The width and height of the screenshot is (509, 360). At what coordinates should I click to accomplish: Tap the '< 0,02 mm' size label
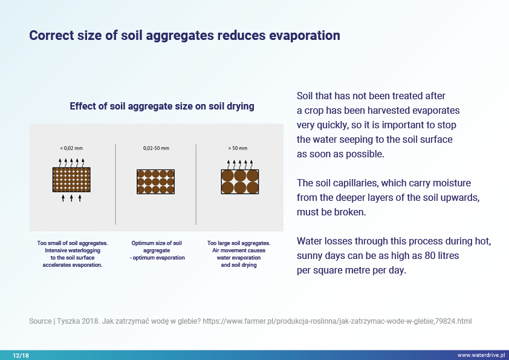(71, 148)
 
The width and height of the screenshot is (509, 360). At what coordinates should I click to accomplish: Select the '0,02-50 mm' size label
(156, 148)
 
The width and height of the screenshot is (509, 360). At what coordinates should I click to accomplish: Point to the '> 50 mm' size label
(238, 148)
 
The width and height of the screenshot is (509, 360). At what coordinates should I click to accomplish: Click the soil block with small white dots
(71, 180)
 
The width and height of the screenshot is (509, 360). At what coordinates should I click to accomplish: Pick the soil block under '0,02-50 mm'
(155, 182)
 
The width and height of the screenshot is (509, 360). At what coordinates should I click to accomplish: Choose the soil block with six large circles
(240, 182)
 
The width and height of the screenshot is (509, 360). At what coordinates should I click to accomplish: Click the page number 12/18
(21, 355)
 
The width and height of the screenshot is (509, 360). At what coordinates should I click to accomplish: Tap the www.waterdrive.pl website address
(481, 355)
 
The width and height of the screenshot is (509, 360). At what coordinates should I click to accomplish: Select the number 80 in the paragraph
(430, 256)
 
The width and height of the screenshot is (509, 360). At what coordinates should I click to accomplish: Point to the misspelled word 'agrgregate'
(157, 250)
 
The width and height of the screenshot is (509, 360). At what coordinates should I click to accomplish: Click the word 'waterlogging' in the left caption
(84, 250)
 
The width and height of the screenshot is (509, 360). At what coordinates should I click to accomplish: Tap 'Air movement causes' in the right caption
(239, 250)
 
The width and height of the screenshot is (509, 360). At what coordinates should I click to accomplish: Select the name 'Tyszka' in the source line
(68, 321)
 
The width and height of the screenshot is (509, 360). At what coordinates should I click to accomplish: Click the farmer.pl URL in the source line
(337, 321)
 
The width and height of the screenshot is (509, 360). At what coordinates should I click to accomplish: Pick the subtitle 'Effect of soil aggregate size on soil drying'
(162, 106)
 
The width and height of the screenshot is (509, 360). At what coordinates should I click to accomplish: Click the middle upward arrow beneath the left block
(71, 198)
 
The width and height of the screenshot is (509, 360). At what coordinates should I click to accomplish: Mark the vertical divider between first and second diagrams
(115, 185)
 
